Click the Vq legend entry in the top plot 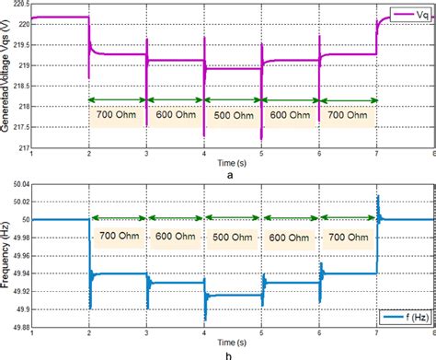click(408, 15)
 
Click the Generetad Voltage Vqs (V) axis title click(6, 77)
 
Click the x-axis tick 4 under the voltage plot click(205, 154)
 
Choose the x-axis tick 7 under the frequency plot click(377, 333)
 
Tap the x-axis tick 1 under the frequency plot click(33, 333)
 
